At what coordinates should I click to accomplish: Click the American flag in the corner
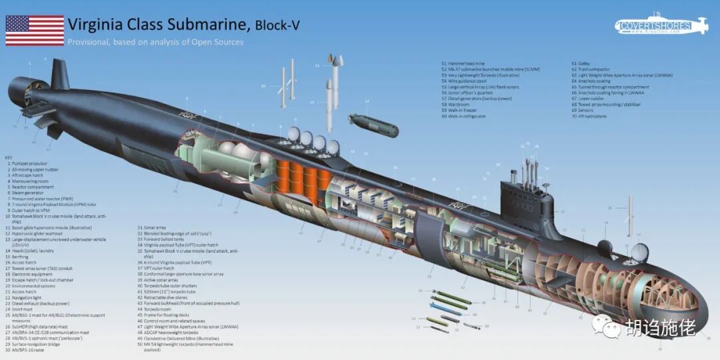tap(35, 30)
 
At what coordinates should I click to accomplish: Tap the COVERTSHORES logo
tap(661, 27)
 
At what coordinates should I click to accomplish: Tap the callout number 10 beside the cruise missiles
tap(263, 86)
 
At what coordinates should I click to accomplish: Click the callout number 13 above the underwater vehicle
tap(367, 101)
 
